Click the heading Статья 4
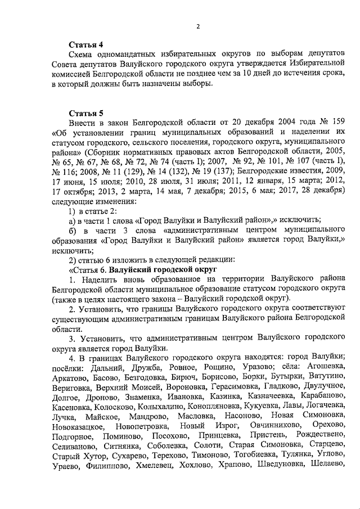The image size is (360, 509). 85,44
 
